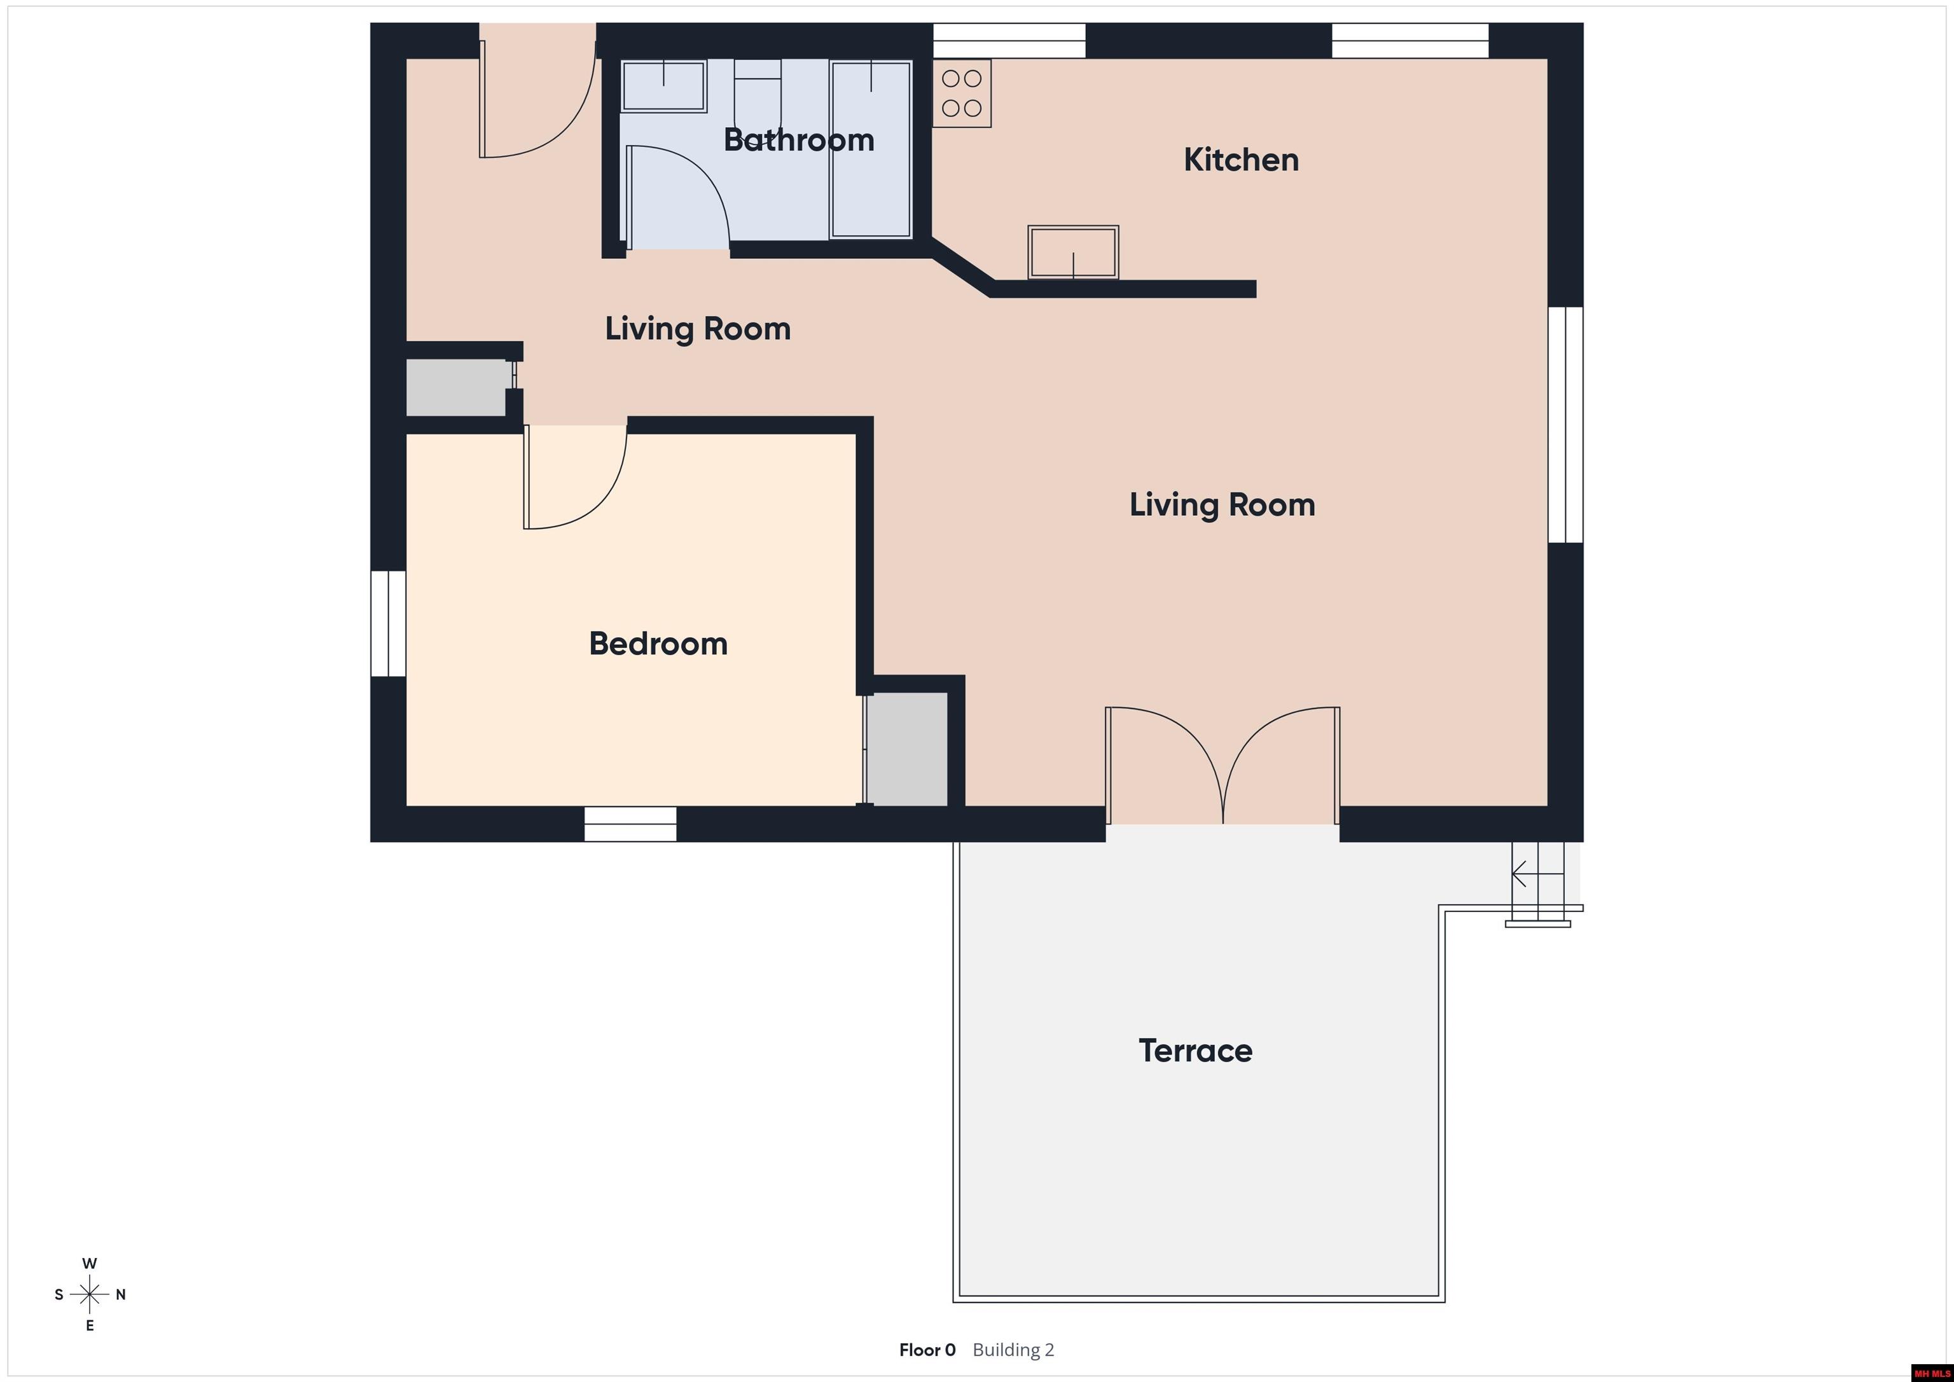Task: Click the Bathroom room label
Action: click(x=798, y=139)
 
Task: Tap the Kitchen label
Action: click(x=1241, y=160)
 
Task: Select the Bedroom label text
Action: click(x=658, y=644)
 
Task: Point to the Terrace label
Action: click(x=1195, y=1051)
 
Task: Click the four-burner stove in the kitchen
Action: click(x=962, y=93)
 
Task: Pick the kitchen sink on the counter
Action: click(x=1073, y=252)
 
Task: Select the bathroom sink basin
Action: click(x=664, y=86)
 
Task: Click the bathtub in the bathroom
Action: click(x=871, y=149)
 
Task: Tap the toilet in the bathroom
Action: click(x=758, y=81)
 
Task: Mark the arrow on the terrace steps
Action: click(x=1537, y=874)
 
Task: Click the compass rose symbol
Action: click(x=89, y=1294)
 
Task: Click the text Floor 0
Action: click(x=927, y=1350)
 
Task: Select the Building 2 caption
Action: click(x=1013, y=1350)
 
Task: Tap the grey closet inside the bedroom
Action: click(x=907, y=749)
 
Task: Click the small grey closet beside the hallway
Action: click(x=456, y=387)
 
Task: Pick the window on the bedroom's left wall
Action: click(x=388, y=624)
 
